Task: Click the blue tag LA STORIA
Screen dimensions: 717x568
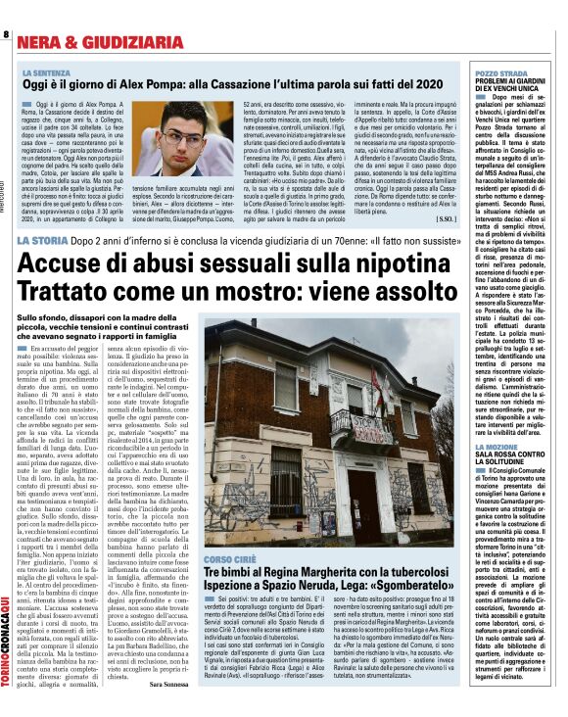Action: click(48, 240)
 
